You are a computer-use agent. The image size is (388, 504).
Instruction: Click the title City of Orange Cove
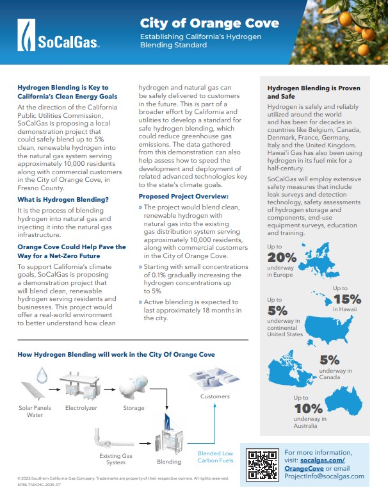[209, 24]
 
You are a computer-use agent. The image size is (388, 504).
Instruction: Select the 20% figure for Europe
[282, 257]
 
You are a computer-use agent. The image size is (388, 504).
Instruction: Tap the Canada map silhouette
[291, 366]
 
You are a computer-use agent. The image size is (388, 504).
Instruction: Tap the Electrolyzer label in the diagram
[81, 407]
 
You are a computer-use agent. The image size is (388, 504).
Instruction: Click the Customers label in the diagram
[214, 396]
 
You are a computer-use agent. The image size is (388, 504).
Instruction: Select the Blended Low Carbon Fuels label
[214, 457]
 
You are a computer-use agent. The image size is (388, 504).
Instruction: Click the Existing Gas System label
[115, 459]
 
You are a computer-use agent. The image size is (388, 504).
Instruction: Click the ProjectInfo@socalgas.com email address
[324, 476]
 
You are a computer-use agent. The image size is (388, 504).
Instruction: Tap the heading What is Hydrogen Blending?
[63, 200]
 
